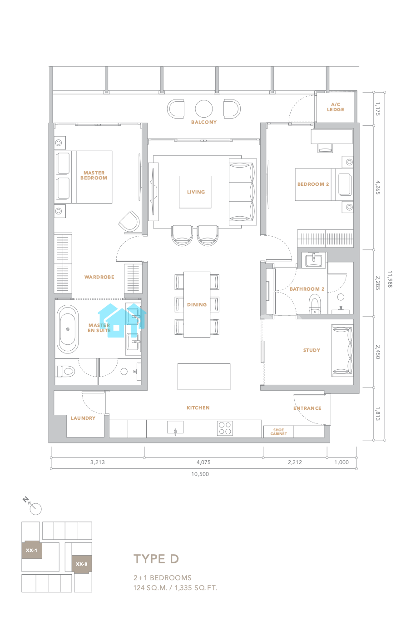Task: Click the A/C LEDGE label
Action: [335, 107]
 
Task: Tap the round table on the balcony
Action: [203, 109]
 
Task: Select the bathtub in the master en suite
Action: [68, 329]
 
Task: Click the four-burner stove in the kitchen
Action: [225, 428]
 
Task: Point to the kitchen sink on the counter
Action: [175, 427]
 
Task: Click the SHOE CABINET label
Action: [278, 432]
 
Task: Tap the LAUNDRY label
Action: [83, 418]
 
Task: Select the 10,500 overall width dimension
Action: [200, 474]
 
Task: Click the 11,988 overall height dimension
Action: [390, 279]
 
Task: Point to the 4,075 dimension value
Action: [203, 462]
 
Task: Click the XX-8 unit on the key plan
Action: [82, 564]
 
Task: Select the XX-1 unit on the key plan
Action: [32, 550]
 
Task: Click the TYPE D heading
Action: [156, 559]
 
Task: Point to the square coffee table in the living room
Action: [195, 192]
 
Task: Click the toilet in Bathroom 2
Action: [315, 304]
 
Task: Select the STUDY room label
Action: [312, 350]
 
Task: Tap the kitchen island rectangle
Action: [203, 377]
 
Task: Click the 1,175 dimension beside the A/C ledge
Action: [378, 109]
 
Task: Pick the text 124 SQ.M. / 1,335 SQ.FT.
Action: [175, 588]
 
